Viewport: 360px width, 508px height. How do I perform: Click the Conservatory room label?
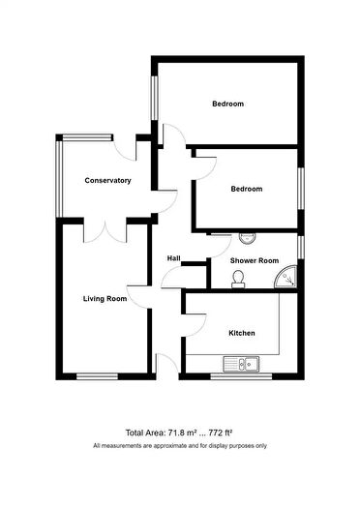pyautogui.click(x=107, y=180)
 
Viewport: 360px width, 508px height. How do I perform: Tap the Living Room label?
pyautogui.click(x=105, y=298)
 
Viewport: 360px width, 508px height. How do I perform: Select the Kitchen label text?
pyautogui.click(x=242, y=333)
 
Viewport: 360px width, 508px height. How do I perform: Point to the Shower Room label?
pyautogui.click(x=255, y=260)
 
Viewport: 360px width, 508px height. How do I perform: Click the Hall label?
pyautogui.click(x=173, y=258)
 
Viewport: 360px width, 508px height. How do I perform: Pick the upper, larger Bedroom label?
pyautogui.click(x=228, y=104)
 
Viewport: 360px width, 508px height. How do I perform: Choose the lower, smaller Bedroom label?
pyautogui.click(x=247, y=189)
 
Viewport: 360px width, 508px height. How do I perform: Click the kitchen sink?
pyautogui.click(x=241, y=364)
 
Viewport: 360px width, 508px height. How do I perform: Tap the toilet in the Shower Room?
pyautogui.click(x=238, y=280)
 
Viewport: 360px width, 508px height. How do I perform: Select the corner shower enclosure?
pyautogui.click(x=286, y=278)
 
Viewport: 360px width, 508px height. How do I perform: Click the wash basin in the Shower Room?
pyautogui.click(x=248, y=238)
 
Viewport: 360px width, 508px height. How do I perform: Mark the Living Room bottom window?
pyautogui.click(x=97, y=376)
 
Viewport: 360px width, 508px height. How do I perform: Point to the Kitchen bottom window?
pyautogui.click(x=241, y=376)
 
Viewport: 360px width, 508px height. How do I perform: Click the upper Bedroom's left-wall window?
pyautogui.click(x=155, y=98)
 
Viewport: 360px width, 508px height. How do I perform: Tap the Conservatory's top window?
pyautogui.click(x=87, y=137)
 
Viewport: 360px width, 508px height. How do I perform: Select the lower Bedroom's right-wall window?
pyautogui.click(x=301, y=189)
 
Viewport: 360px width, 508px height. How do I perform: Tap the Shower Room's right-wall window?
pyautogui.click(x=301, y=248)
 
